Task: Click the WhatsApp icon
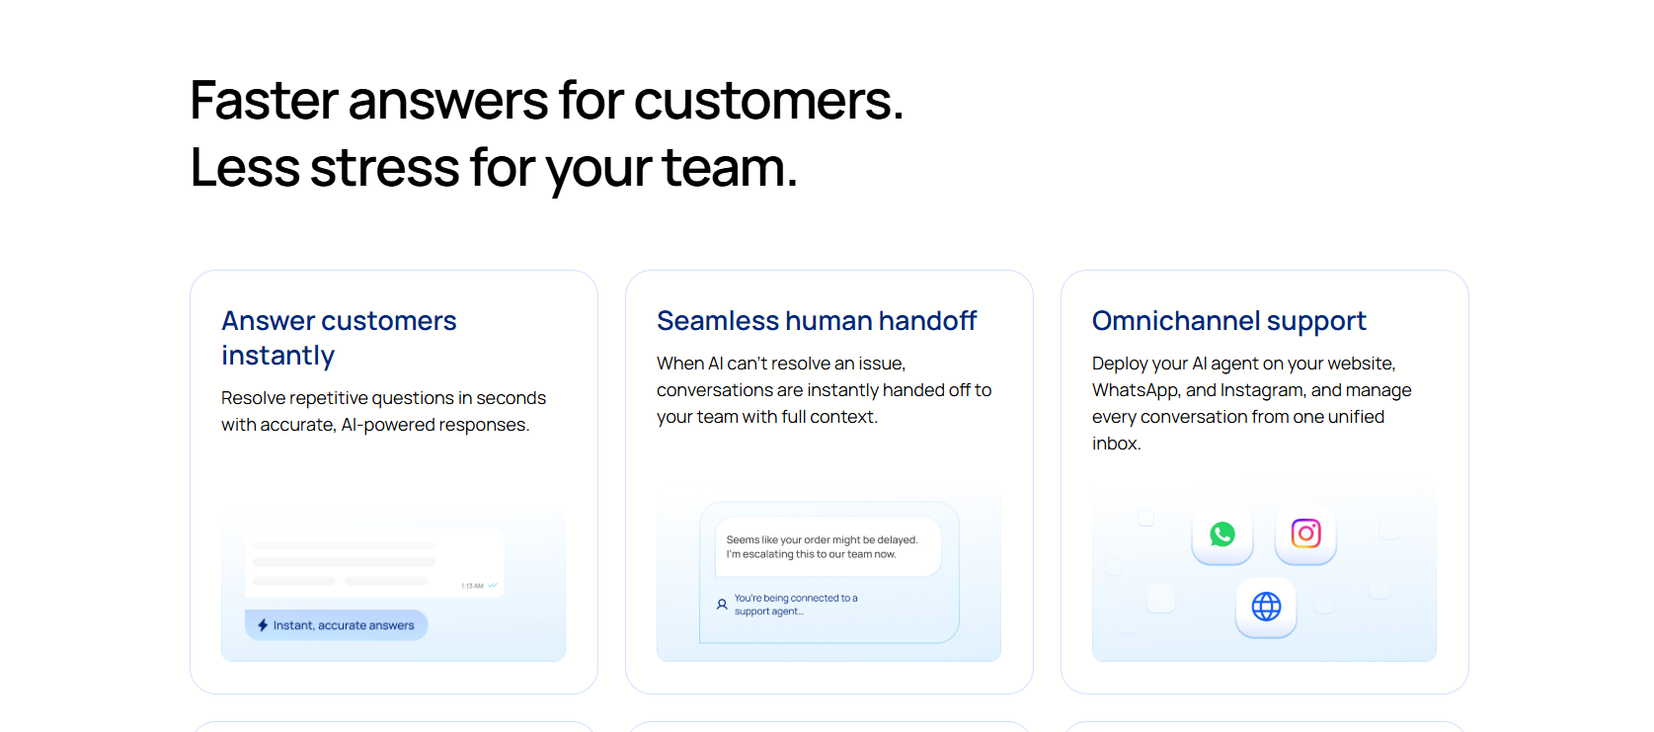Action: (x=1222, y=534)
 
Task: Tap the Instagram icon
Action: (x=1305, y=533)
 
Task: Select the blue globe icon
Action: (x=1266, y=607)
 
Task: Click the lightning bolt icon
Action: (x=263, y=625)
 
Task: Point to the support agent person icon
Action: (x=722, y=605)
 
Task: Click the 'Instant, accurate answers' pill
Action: (x=336, y=625)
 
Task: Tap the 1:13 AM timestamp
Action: (x=472, y=586)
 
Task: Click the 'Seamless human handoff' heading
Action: (x=816, y=321)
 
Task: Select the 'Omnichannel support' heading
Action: (x=1228, y=321)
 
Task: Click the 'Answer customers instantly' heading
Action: (x=339, y=338)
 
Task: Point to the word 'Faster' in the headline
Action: (x=264, y=100)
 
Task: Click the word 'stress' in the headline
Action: (x=385, y=167)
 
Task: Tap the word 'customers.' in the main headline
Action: (x=768, y=100)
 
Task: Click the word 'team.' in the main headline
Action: (x=730, y=167)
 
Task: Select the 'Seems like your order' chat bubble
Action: (x=828, y=546)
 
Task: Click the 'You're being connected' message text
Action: (x=796, y=605)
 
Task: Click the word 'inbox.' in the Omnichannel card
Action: (x=1117, y=444)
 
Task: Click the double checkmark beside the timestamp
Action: (x=493, y=586)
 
